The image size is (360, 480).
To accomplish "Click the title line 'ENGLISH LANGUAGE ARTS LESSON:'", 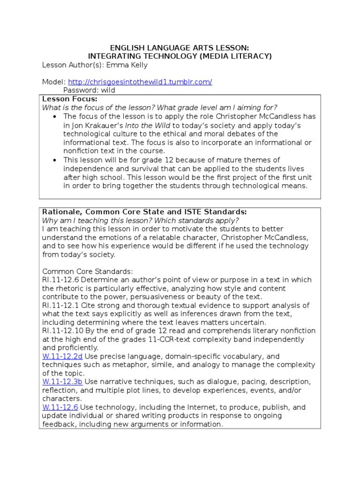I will (x=180, y=48).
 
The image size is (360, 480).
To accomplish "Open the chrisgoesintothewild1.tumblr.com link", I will (x=140, y=82).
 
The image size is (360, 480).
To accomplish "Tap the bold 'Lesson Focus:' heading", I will (x=70, y=99).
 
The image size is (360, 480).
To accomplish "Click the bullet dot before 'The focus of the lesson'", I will (x=55, y=117).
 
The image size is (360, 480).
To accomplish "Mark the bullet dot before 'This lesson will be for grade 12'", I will (x=55, y=160).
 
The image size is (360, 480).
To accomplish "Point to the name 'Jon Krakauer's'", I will (x=97, y=126).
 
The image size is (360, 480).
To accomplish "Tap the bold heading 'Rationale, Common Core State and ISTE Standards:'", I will (x=144, y=212).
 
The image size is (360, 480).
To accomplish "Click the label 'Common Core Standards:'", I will (x=88, y=271).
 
